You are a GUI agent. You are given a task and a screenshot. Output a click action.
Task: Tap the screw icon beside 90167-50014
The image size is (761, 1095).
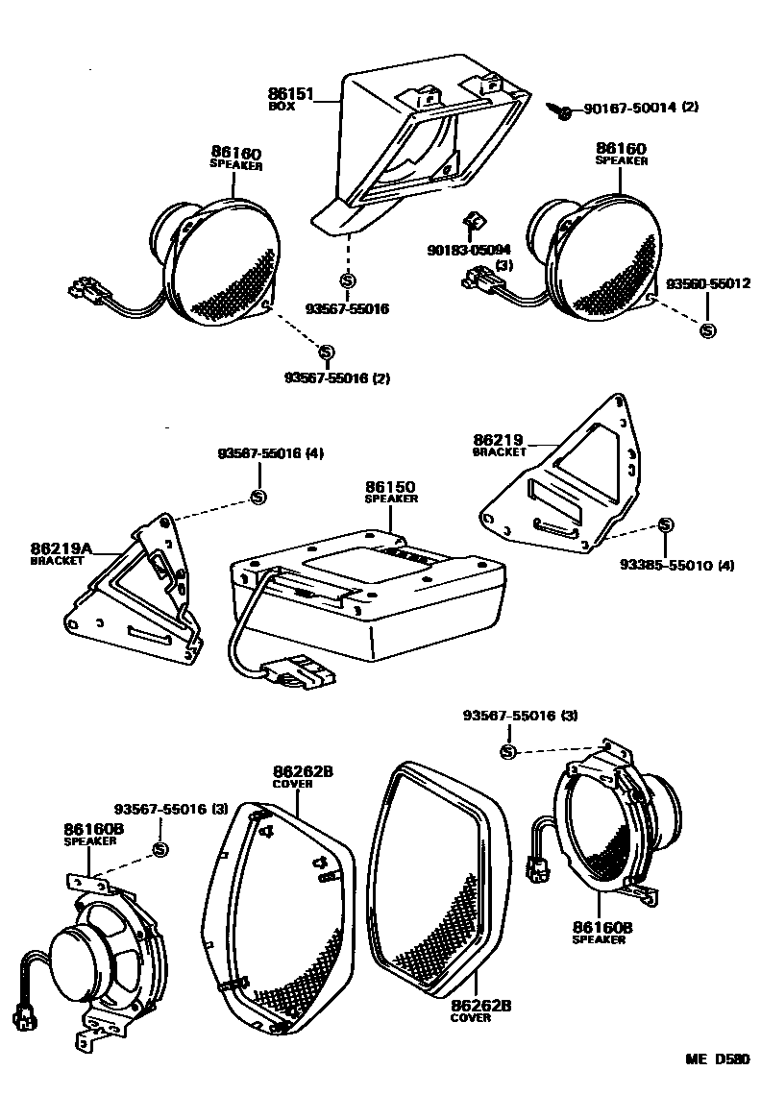[x=564, y=111]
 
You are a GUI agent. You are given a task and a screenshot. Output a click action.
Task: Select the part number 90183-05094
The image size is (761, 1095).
[x=469, y=250]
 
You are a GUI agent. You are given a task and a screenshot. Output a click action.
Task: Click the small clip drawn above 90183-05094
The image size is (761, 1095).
[x=472, y=224]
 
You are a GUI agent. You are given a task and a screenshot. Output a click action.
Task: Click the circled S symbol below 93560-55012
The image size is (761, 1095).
[x=708, y=330]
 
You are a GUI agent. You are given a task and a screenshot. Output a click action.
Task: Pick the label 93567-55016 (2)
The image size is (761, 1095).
[x=336, y=378]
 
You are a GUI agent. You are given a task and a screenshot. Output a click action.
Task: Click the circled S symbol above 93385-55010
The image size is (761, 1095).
[x=665, y=524]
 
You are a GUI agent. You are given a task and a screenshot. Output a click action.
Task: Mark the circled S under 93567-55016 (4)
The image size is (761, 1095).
[x=258, y=497]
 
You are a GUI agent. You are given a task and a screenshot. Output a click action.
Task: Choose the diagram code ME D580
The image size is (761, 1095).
[x=717, y=1059]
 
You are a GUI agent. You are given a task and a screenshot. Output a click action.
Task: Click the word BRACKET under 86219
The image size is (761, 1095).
[x=500, y=450]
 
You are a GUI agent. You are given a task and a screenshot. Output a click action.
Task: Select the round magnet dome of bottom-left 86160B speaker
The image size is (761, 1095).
[x=77, y=957]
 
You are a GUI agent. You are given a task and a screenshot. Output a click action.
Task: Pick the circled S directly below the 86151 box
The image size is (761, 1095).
[x=347, y=280]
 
